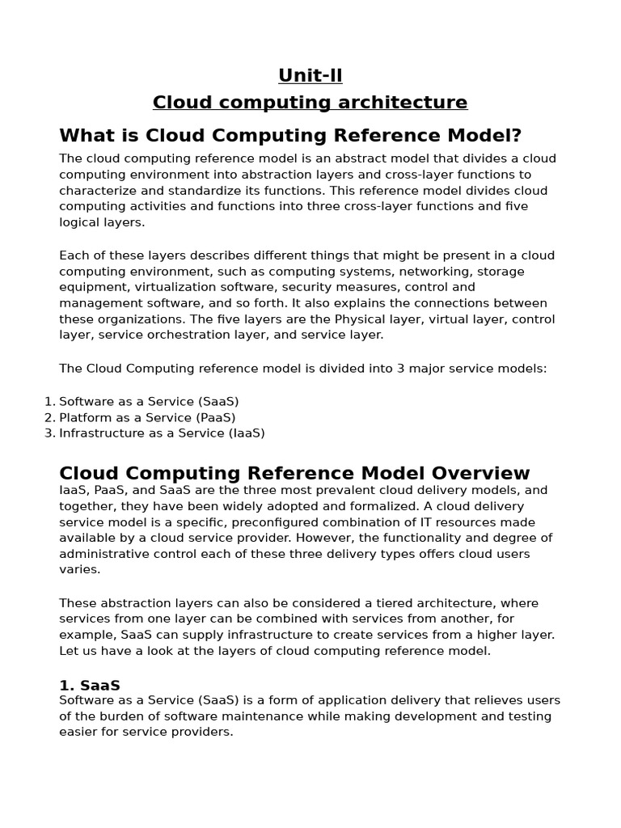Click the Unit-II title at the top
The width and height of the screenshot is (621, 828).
tap(310, 75)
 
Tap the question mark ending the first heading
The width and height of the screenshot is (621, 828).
tap(517, 135)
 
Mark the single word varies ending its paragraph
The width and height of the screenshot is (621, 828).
tap(79, 569)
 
